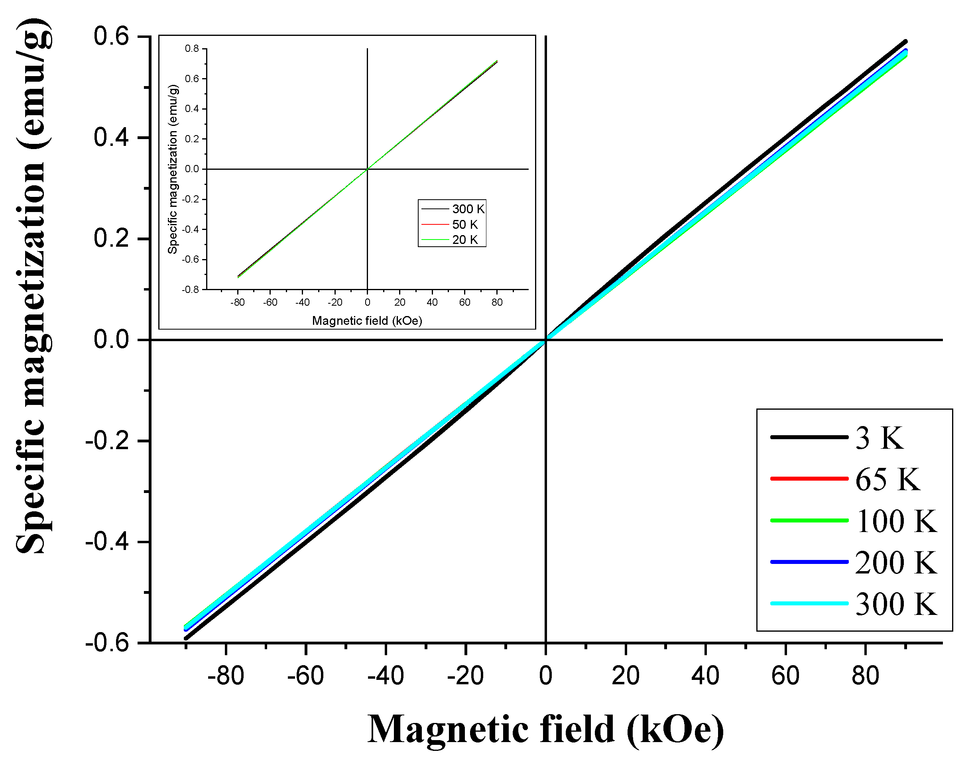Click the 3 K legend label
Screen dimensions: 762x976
click(879, 438)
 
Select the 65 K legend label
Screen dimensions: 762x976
click(887, 480)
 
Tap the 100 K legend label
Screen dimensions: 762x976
click(895, 521)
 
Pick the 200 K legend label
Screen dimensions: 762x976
click(895, 563)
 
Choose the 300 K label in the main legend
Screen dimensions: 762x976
click(895, 604)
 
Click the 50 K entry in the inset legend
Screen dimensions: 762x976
click(465, 225)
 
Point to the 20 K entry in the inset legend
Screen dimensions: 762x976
click(465, 240)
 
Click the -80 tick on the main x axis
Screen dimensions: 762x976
click(226, 676)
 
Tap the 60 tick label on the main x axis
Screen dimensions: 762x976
click(785, 676)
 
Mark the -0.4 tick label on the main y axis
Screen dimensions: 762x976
click(107, 542)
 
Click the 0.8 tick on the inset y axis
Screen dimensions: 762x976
click(192, 48)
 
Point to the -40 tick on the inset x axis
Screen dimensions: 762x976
click(303, 302)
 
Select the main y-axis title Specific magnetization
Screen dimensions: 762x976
click(33, 286)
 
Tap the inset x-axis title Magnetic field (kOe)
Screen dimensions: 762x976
click(367, 321)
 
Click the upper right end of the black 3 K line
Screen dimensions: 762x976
click(905, 42)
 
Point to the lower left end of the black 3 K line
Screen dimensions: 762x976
click(186, 638)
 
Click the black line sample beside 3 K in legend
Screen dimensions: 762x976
click(809, 437)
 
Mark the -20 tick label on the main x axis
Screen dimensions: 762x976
click(465, 676)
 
